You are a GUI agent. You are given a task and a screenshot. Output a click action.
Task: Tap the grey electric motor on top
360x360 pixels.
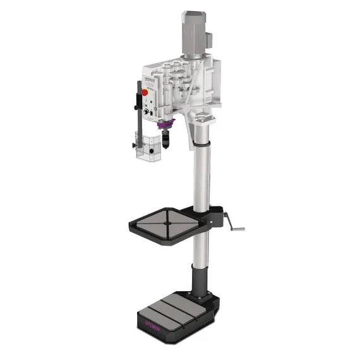[x=196, y=32]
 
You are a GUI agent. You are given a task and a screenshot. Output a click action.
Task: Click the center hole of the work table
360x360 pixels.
[x=168, y=222]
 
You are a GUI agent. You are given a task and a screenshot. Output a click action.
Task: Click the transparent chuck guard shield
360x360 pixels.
[x=148, y=150]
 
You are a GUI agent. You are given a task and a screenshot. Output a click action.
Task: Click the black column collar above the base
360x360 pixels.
[x=199, y=281]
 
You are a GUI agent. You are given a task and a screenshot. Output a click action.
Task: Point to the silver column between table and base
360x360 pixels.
[x=200, y=253]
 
